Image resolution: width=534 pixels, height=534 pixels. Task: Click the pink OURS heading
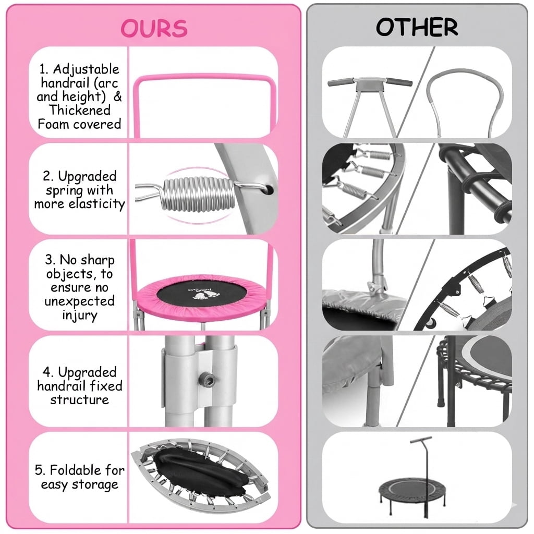point(154,28)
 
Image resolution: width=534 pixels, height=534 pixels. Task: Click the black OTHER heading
point(417,27)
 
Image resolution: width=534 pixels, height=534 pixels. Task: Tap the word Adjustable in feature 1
point(86,70)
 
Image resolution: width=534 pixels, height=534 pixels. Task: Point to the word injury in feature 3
point(80,315)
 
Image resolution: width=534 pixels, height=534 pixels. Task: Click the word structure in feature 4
point(80,399)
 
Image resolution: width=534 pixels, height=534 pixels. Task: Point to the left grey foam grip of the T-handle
point(341,82)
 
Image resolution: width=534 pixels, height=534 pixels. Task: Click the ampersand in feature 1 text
point(117,96)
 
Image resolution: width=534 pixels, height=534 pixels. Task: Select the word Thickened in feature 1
point(80,111)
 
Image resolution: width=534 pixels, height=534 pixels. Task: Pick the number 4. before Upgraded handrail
point(48,372)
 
